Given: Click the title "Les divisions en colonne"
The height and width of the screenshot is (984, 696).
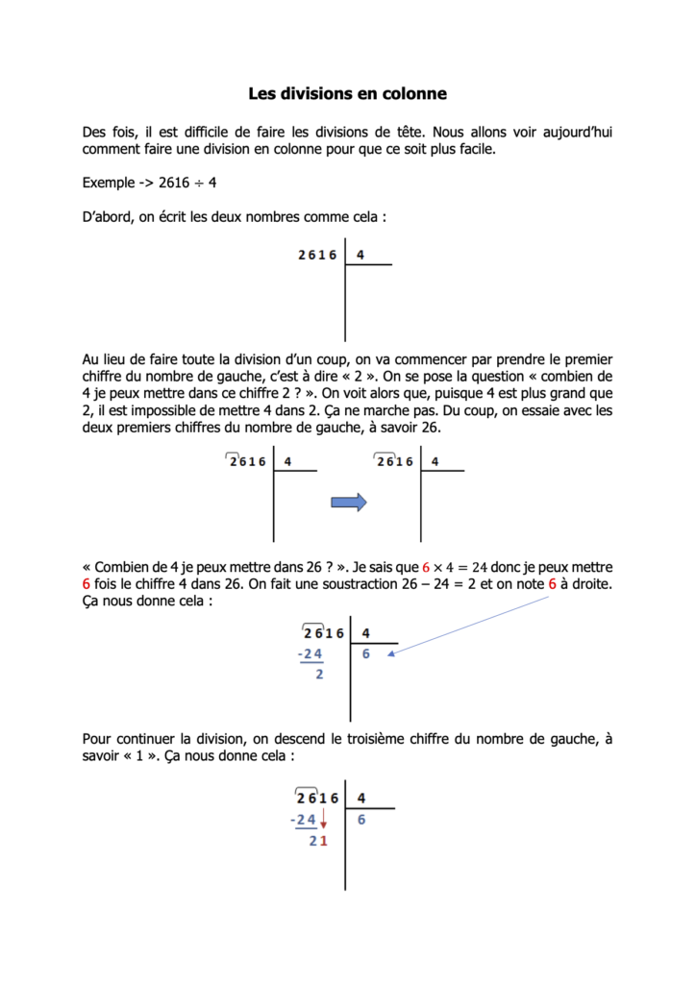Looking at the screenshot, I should [347, 94].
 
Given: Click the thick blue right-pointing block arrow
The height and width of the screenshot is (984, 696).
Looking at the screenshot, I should [349, 501].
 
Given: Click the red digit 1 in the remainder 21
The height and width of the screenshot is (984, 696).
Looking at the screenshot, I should [324, 842].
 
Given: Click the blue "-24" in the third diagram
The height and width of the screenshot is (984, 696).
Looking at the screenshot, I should [311, 655].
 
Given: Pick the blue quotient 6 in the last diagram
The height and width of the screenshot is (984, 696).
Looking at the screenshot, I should [361, 820].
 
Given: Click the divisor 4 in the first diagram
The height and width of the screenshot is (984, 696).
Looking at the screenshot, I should [360, 255].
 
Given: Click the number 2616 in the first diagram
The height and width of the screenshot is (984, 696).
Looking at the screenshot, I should [317, 255].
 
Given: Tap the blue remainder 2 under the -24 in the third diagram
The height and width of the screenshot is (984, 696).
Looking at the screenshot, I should [319, 675].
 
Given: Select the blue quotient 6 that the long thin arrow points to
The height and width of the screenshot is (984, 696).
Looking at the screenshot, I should [366, 655].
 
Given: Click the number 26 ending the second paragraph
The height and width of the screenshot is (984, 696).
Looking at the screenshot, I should [430, 428].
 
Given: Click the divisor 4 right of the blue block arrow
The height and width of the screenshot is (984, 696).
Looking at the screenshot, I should [435, 461].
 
